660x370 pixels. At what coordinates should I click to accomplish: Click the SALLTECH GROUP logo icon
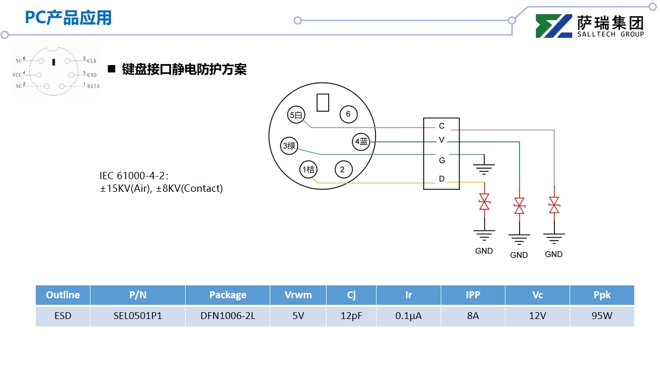[554, 26]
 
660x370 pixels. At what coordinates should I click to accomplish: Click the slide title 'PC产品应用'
[68, 17]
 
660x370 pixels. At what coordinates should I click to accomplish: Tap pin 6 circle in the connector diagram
[348, 115]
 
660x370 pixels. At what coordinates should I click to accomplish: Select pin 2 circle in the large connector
[342, 169]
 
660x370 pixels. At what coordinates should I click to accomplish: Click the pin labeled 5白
[297, 115]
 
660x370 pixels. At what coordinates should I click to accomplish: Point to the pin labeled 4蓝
[361, 141]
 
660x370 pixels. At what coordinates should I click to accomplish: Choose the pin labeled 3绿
[289, 146]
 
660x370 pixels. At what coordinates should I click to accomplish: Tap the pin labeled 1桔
[308, 169]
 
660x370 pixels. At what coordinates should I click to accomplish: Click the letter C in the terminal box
[442, 126]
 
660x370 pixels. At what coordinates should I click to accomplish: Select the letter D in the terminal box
[442, 179]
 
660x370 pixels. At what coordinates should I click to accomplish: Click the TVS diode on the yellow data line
[484, 202]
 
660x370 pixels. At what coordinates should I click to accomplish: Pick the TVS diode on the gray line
[554, 205]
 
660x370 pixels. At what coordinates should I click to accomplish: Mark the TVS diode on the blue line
[519, 205]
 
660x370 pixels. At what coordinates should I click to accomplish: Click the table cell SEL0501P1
[138, 316]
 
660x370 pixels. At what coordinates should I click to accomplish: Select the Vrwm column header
[298, 295]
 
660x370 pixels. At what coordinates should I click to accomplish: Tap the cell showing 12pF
[351, 316]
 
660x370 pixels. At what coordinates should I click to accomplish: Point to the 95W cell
[602, 316]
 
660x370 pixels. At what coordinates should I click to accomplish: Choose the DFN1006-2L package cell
[228, 316]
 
